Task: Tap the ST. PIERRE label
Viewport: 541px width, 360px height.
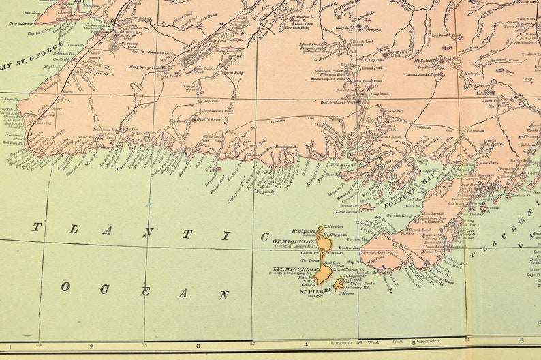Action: click(313, 291)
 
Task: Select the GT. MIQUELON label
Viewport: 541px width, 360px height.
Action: click(294, 241)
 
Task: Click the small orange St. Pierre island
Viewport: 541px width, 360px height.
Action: click(338, 283)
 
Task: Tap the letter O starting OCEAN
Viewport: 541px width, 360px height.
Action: click(65, 287)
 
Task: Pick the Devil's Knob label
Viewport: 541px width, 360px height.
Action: click(205, 120)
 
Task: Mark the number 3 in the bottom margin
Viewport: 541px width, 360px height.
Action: click(198, 345)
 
